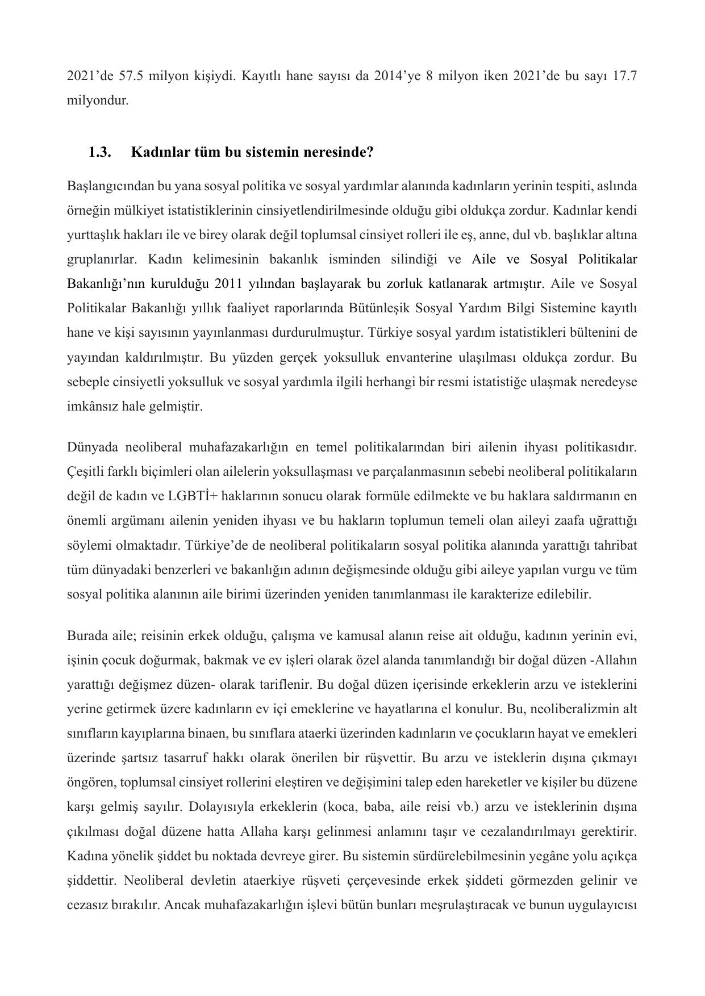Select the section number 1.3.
click(x=99, y=152)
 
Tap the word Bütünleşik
click(x=383, y=308)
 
